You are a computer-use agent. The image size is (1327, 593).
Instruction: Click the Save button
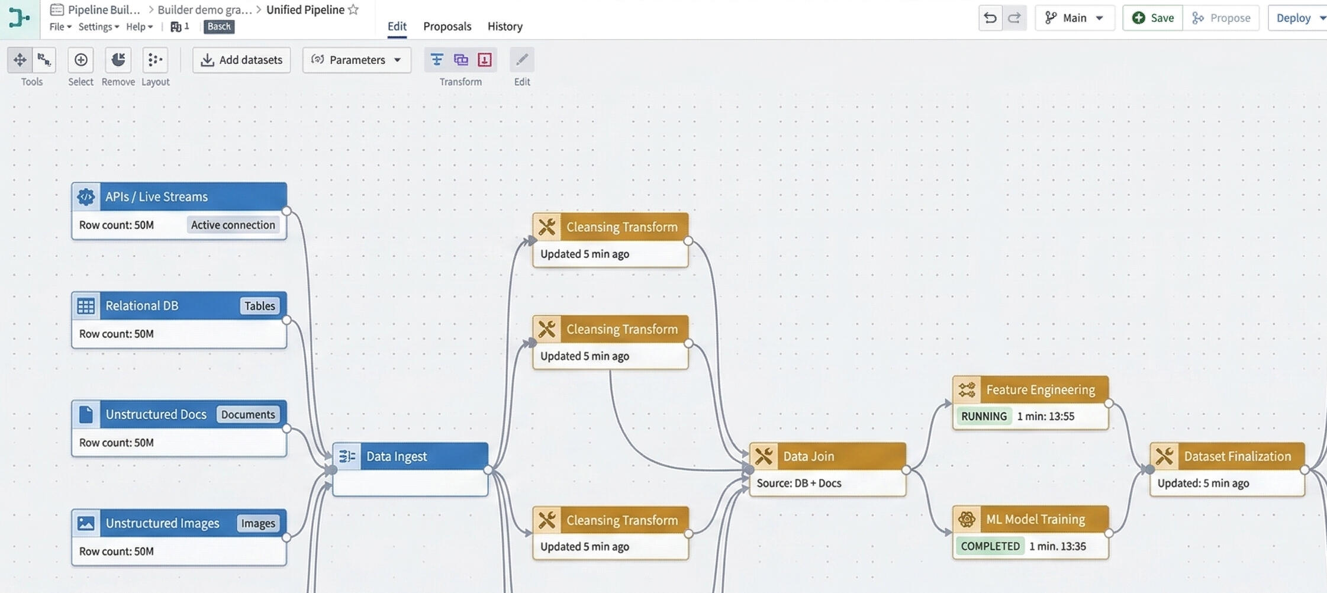coord(1153,18)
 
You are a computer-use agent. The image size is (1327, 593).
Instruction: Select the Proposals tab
coord(447,26)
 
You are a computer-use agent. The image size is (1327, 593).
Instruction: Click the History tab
coord(504,26)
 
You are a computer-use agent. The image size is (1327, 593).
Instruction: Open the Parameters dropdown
coord(356,60)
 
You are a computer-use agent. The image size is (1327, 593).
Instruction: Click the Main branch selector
coord(1074,18)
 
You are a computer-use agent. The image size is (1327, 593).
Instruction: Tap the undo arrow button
coord(990,18)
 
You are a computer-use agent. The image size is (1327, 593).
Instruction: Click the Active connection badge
coord(233,225)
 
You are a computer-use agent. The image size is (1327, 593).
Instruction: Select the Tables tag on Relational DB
coord(259,306)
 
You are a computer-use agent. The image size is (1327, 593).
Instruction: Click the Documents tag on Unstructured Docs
coord(247,414)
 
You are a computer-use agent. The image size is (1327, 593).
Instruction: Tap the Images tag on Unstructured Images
coord(257,523)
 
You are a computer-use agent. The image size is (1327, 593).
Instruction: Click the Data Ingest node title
coord(396,456)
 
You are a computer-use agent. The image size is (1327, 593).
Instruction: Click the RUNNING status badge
coord(983,416)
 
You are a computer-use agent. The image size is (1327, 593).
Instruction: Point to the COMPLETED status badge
coord(990,546)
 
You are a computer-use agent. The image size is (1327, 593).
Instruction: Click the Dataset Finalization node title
coord(1236,456)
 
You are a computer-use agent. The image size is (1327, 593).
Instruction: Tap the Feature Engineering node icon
coord(967,389)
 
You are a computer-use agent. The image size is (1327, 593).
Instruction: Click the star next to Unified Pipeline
coord(353,9)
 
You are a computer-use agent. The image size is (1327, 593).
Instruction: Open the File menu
coord(60,27)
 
